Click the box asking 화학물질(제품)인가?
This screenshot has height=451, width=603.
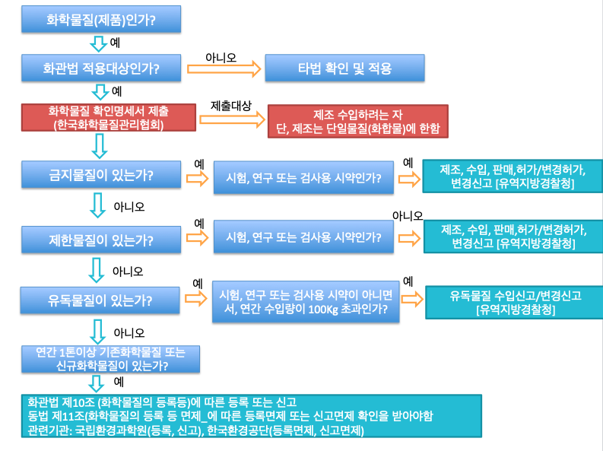coord(101,21)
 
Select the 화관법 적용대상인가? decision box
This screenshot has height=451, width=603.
coord(101,68)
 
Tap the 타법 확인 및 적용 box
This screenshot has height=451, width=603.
coord(344,68)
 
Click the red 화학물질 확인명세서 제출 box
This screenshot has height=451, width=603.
coord(107,119)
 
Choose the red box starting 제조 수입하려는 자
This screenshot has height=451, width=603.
coord(357,122)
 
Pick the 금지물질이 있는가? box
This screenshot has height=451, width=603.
coord(101,175)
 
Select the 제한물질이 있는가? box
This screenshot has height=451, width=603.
coord(101,241)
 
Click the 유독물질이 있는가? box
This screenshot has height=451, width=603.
coord(101,299)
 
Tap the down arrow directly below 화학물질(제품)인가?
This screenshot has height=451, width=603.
coord(99,43)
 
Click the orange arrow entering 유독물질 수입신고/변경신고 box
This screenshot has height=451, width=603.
coord(409,298)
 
